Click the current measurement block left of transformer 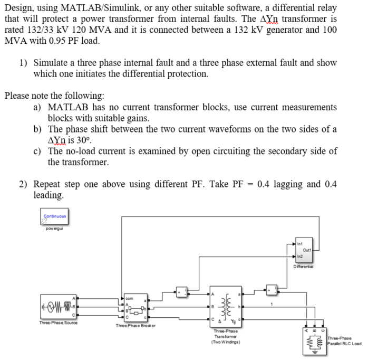pyautogui.click(x=182, y=291)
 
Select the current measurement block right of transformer pyautogui.click(x=272, y=290)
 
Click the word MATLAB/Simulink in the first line pyautogui.click(x=87, y=7)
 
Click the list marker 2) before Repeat pyautogui.click(x=24, y=184)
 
